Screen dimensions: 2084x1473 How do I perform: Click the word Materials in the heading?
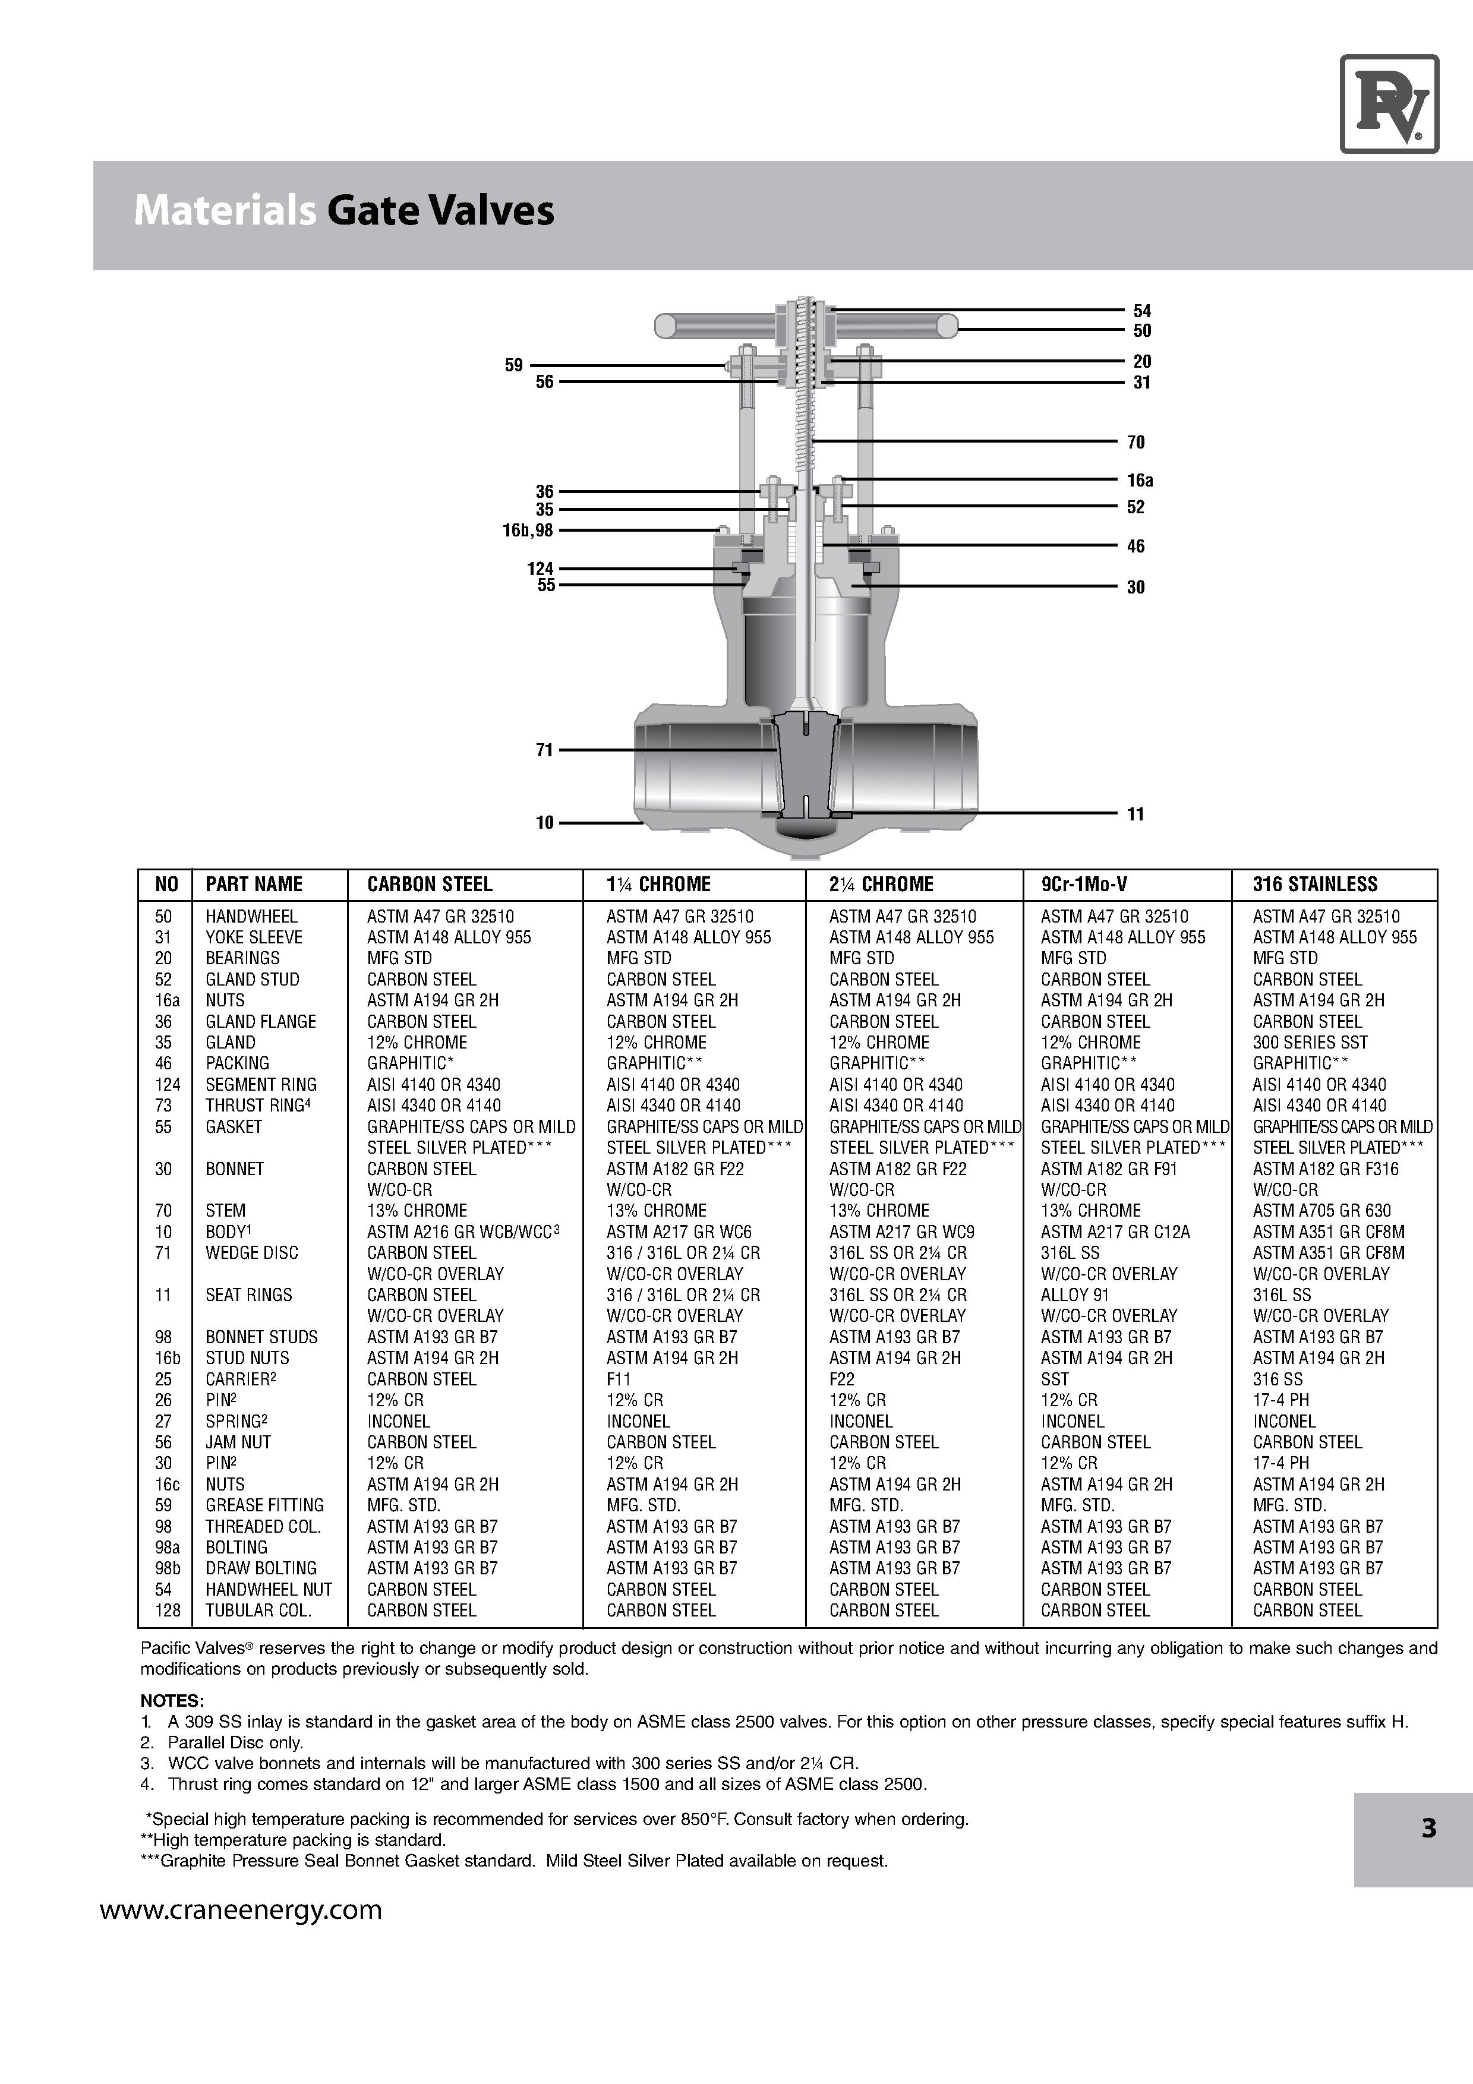click(x=224, y=210)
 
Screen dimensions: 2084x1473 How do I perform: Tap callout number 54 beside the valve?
click(x=1141, y=311)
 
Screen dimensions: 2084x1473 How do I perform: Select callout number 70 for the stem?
click(x=1135, y=442)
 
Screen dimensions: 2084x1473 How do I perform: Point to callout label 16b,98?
click(x=527, y=530)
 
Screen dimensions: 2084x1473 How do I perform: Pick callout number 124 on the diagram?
click(x=540, y=568)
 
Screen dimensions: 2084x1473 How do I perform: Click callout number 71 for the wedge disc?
click(x=544, y=750)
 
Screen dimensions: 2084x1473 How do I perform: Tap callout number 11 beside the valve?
click(x=1135, y=814)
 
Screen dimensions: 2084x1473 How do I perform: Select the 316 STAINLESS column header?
click(x=1314, y=884)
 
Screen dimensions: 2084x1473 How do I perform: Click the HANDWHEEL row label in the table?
click(x=251, y=917)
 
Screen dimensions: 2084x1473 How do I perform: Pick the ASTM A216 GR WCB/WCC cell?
click(x=463, y=1232)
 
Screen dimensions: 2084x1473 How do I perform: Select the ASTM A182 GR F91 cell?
click(x=1108, y=1169)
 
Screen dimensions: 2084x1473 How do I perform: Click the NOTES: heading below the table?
click(x=172, y=1700)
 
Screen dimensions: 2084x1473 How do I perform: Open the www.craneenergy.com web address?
click(x=241, y=1911)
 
